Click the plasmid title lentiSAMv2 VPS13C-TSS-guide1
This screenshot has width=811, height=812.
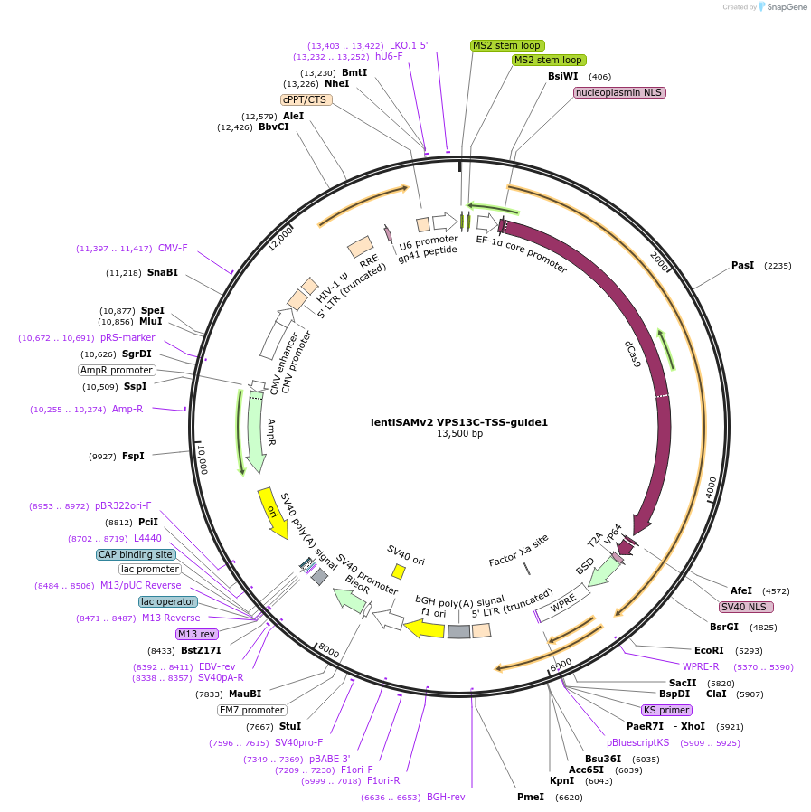pos(459,421)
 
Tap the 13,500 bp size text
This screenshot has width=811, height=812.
pos(459,434)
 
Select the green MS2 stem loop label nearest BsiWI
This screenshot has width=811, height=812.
pos(548,60)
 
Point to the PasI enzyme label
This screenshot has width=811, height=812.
pos(742,266)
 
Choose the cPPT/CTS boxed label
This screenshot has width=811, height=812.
pos(306,99)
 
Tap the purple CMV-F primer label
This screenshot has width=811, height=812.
pos(173,248)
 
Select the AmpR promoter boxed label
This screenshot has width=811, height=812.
pos(117,370)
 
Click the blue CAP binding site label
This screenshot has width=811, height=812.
pos(136,554)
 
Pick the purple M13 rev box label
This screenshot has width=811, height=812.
pos(196,634)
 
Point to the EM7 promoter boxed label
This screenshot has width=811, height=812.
pos(251,710)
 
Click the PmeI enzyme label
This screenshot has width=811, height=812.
pos(531,797)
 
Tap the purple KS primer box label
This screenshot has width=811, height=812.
pos(666,710)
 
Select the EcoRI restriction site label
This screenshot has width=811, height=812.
pos(709,650)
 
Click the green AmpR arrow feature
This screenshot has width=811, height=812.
pos(256,439)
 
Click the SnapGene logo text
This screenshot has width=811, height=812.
pos(784,7)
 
